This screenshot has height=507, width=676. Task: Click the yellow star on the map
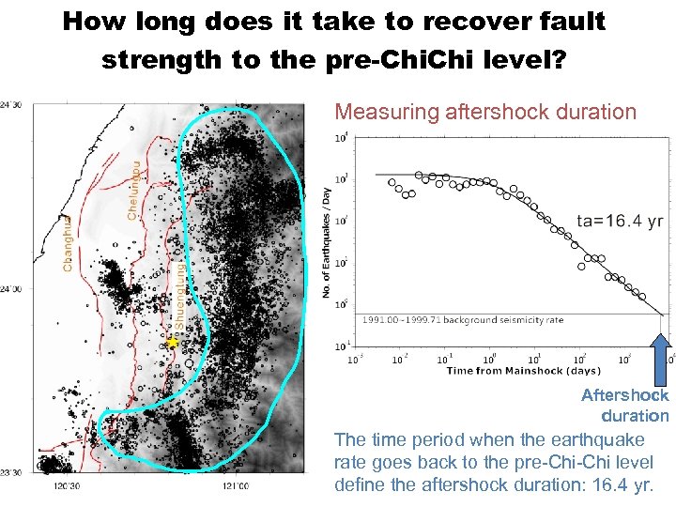click(x=173, y=344)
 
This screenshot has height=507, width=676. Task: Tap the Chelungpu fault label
click(x=135, y=190)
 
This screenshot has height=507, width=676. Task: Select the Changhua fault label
click(x=67, y=244)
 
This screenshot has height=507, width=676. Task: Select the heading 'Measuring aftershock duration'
click(x=485, y=112)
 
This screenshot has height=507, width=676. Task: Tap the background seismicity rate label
click(x=463, y=320)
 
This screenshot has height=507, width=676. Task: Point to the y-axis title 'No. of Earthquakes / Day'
click(x=327, y=242)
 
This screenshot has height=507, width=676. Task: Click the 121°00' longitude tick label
click(x=235, y=486)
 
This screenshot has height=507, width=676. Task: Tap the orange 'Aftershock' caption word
click(x=624, y=395)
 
